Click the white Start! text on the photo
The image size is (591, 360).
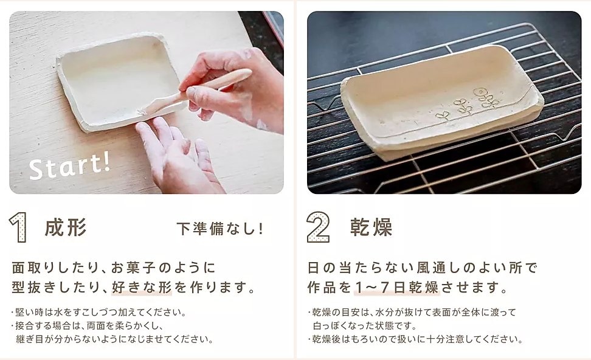pyautogui.click(x=70, y=166)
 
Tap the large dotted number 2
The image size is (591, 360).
pyautogui.click(x=319, y=227)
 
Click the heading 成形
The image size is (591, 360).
pyautogui.click(x=66, y=227)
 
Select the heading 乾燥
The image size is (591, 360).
pyautogui.click(x=372, y=227)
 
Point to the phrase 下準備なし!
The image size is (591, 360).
pyautogui.click(x=219, y=229)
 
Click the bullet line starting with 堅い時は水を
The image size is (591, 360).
pyautogui.click(x=98, y=312)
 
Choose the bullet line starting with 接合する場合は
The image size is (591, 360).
pyautogui.click(x=88, y=325)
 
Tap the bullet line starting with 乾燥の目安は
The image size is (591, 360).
pyautogui.click(x=412, y=312)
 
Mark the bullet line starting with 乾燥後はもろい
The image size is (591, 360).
pyautogui.click(x=415, y=339)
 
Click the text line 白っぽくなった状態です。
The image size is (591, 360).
pyautogui.click(x=365, y=325)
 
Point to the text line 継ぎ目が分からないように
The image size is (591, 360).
pyautogui.click(x=114, y=339)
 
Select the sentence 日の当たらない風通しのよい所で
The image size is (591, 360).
pyautogui.click(x=422, y=268)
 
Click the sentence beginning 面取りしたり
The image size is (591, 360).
pyautogui.click(x=114, y=268)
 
